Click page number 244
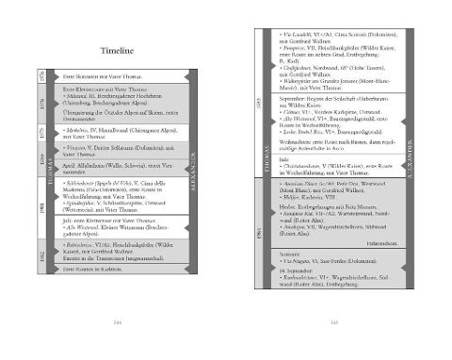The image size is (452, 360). point(118,323)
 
